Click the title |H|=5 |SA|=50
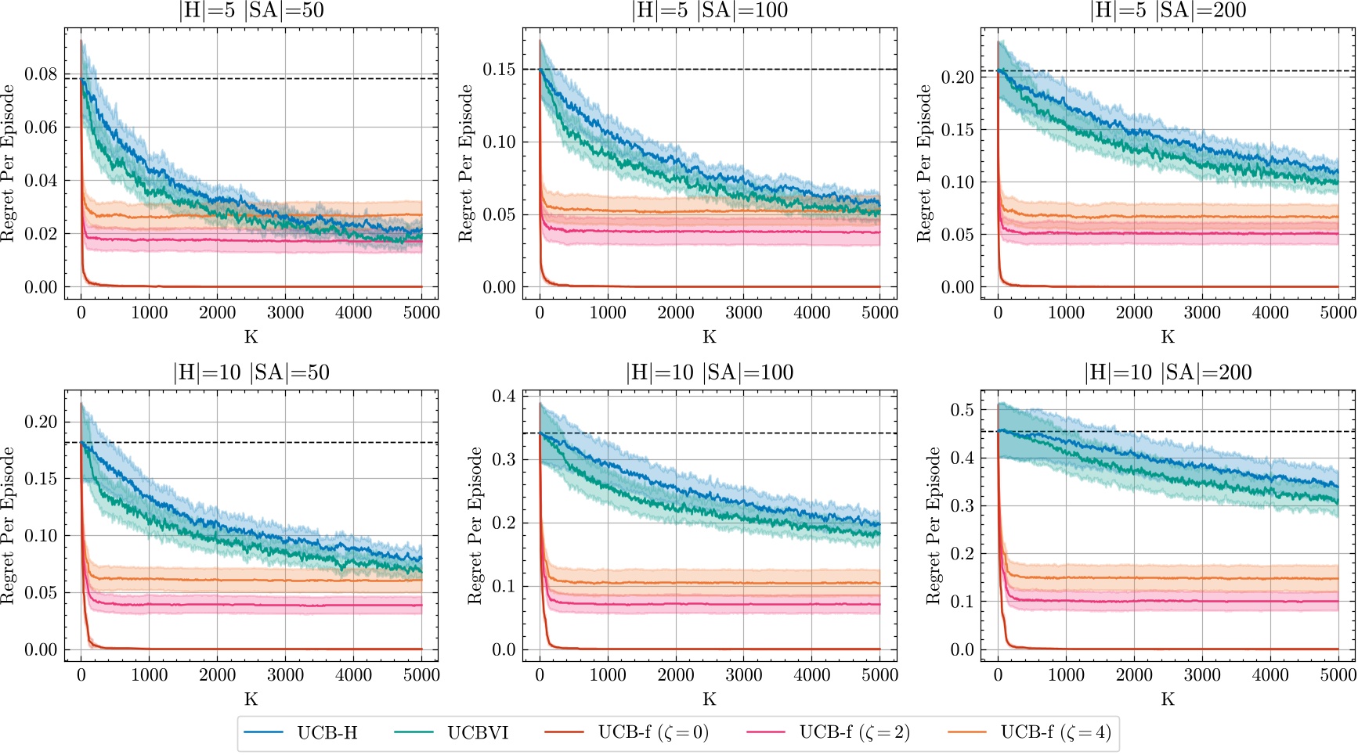[x=251, y=10]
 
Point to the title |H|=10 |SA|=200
[x=1168, y=372]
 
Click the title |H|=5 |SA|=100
[x=710, y=10]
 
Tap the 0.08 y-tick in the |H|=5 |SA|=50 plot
[x=41, y=74]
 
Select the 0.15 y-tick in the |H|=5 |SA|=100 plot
[x=499, y=70]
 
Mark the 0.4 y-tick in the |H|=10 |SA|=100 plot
[x=504, y=396]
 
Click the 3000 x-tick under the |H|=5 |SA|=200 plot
[x=1202, y=313]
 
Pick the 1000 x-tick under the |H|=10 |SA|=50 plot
[x=149, y=675]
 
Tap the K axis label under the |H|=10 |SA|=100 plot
[x=710, y=699]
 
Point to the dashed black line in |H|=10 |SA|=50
[x=274, y=443]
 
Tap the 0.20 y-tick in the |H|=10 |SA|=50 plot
[x=41, y=422]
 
